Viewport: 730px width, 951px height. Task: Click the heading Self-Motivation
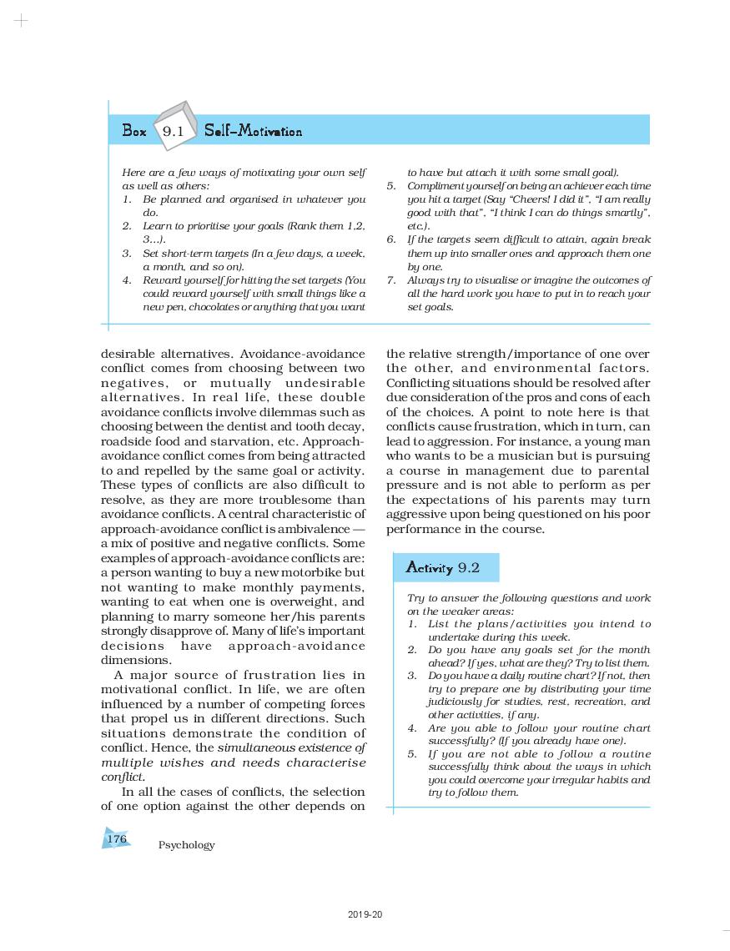(253, 132)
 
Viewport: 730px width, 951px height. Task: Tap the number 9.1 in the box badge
(173, 131)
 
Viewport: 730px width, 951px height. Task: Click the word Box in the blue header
(134, 131)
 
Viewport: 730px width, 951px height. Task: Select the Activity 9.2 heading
(442, 568)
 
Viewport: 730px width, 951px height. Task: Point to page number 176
(117, 838)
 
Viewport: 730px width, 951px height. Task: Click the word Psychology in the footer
(186, 845)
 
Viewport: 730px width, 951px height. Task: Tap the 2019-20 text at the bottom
(365, 915)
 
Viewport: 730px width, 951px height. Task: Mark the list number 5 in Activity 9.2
(411, 754)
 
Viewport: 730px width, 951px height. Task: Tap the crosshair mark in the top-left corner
(22, 21)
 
